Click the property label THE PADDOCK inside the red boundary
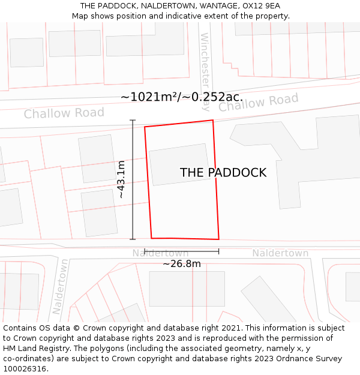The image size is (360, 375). pos(223,173)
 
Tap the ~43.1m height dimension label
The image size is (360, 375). pos(121,179)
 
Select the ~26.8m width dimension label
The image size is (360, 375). pos(182,263)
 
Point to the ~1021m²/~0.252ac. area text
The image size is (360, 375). pos(182,97)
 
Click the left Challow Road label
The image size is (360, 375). pos(64,113)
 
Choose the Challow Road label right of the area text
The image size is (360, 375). pos(258,103)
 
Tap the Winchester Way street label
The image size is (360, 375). pos(206,71)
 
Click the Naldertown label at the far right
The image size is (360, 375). pos(280,253)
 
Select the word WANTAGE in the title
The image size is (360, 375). pos(218,5)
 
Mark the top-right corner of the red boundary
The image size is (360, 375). pos(213,121)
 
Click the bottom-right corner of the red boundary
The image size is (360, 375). pos(218,239)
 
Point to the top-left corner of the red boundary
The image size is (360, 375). pos(145,127)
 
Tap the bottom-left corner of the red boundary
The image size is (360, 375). pos(151,238)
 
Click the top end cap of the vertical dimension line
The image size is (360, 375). pos(133,121)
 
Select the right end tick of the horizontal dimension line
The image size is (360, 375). pos(218,251)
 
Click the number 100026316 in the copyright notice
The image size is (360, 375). pos(25,368)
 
